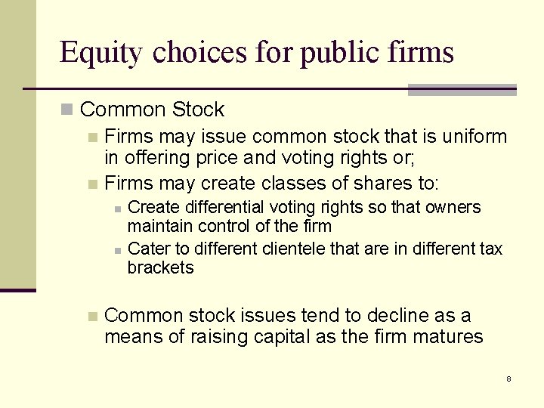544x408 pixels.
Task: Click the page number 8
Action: tap(508, 378)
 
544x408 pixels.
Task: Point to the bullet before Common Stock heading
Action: tap(67, 110)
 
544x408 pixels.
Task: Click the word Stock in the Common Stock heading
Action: tap(198, 110)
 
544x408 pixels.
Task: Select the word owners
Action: tap(453, 208)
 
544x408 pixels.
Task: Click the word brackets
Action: tap(160, 267)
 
